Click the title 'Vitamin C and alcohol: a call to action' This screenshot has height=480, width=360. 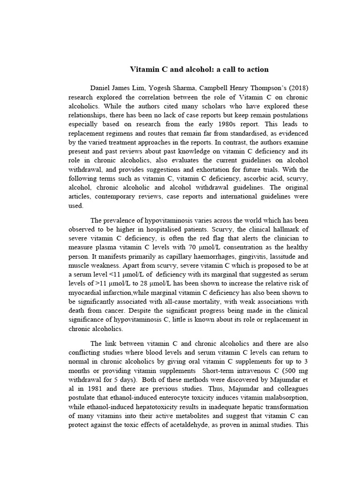[199, 69]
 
